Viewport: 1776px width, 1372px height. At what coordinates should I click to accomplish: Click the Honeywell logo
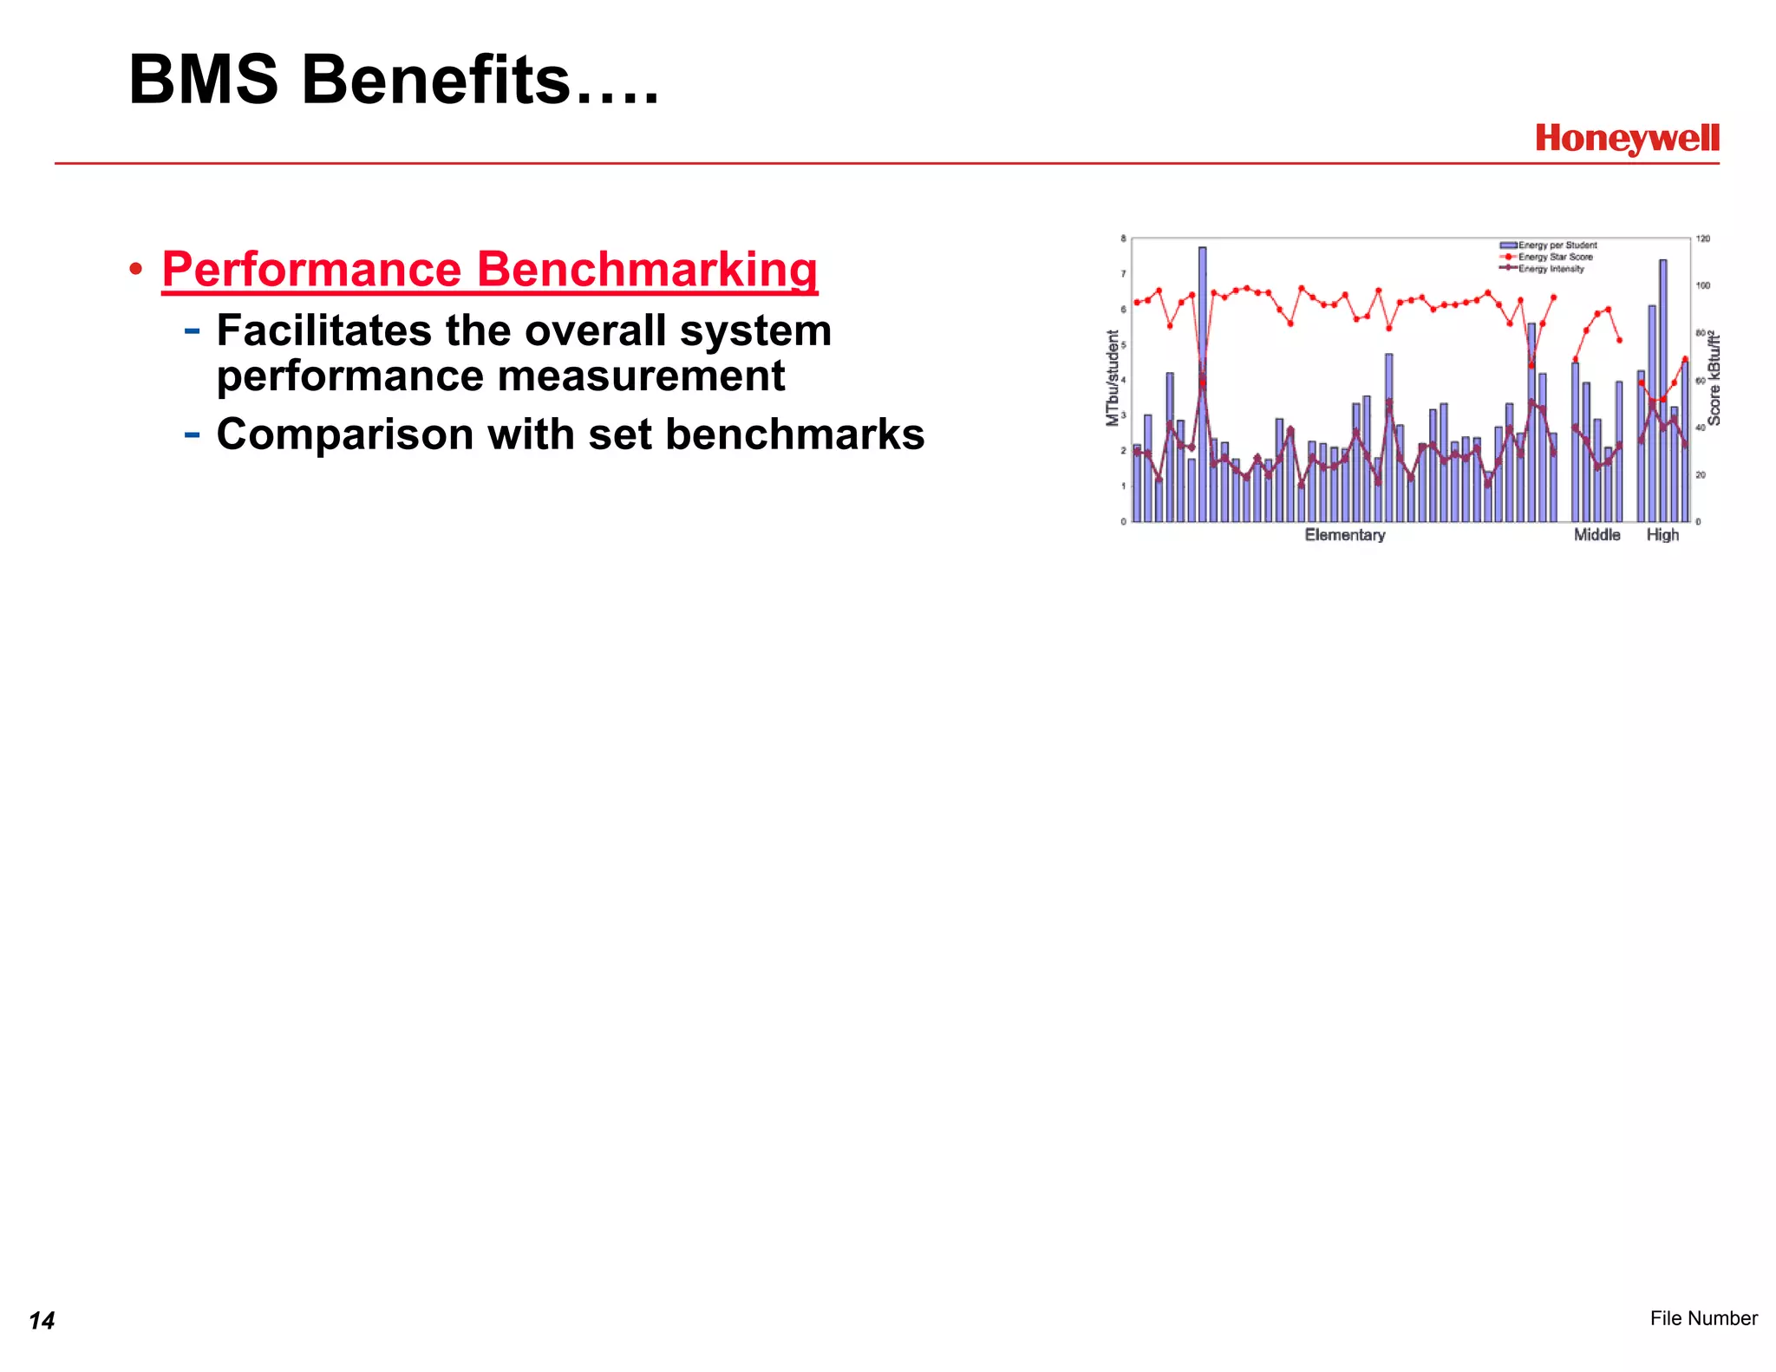1627,138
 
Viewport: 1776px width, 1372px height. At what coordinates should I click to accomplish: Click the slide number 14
42,1320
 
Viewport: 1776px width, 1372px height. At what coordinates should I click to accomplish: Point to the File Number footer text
1703,1318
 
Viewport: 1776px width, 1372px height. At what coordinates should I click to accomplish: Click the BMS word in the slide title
204,80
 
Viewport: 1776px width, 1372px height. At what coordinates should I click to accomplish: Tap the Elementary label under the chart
1345,535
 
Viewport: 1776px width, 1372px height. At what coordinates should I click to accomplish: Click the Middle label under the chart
1596,535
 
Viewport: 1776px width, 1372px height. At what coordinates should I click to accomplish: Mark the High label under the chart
1662,535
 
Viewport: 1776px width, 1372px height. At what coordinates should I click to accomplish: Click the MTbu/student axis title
1113,378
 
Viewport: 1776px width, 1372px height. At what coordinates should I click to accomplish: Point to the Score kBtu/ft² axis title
1714,378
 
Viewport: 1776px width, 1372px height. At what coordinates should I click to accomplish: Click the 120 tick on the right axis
1703,238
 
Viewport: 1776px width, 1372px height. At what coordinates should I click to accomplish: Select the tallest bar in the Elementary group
1203,382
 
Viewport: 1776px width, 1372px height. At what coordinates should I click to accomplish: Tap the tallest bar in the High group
1663,390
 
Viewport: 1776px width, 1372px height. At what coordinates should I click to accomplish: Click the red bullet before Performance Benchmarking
135,270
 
